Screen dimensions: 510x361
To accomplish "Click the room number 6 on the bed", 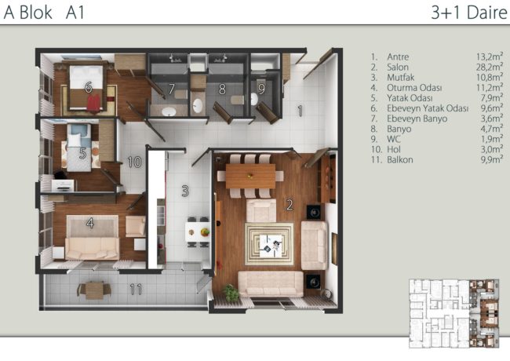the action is pos(88,87).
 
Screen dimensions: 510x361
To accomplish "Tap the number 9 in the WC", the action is pos(261,89).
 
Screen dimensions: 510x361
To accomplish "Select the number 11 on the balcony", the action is pos(136,289).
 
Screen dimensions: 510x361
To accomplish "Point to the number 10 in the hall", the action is pos(134,162).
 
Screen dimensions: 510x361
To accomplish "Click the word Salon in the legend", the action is pos(398,67).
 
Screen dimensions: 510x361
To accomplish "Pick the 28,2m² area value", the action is pos(490,67).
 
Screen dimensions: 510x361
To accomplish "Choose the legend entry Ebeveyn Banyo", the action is pos(417,119).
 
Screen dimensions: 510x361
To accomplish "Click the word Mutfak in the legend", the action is pos(400,78).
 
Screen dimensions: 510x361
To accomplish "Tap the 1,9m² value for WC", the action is pos(492,139).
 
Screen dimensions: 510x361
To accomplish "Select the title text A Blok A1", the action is pos(44,13).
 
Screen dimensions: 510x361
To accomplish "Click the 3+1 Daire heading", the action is pos(469,13).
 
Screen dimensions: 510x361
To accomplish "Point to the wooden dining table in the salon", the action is pos(250,176).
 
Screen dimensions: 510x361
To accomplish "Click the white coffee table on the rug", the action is pos(271,246).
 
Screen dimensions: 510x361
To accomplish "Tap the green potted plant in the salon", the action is pos(231,293).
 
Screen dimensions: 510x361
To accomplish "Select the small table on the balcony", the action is pos(94,290).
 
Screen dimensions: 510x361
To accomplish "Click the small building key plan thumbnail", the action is pos(454,313).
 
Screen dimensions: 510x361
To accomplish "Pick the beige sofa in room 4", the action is pos(92,249).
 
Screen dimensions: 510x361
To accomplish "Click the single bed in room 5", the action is pos(79,148).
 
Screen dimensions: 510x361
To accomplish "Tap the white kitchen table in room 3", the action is pos(198,232).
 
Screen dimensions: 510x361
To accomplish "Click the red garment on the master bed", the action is pos(94,103).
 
